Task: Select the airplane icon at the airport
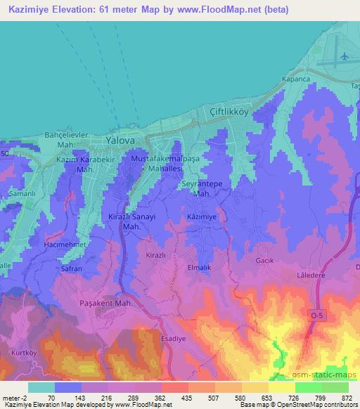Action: [x=344, y=56]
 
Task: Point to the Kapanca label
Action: [x=295, y=79]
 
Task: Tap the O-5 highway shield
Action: [x=318, y=317]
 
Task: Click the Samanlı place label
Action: [x=22, y=193]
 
